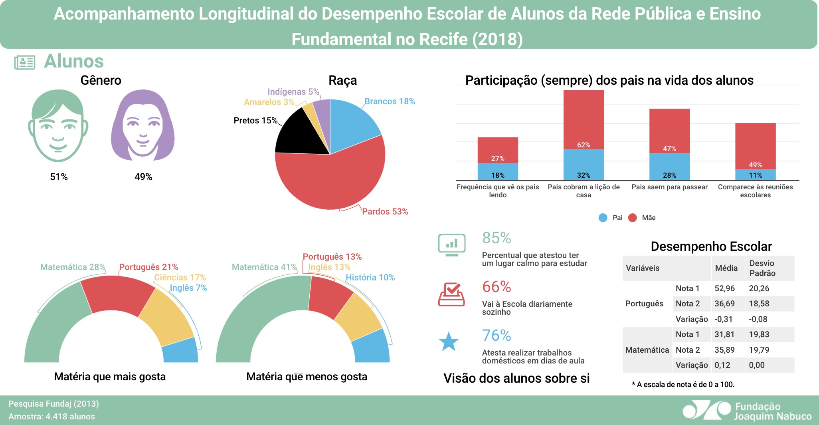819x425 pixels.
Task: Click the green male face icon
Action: coord(58,125)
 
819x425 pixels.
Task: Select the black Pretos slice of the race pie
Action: coord(299,134)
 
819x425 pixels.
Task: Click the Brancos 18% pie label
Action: coord(390,101)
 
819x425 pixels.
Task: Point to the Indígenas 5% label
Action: coord(293,92)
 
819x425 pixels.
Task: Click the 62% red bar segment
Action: coord(584,120)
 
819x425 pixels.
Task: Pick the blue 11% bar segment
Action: coord(755,175)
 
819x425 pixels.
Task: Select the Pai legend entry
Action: coord(611,218)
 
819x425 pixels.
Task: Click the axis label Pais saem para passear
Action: coord(669,187)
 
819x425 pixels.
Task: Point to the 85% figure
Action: coord(497,238)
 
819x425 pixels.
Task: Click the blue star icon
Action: coord(449,342)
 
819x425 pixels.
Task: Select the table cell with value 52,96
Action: coord(724,288)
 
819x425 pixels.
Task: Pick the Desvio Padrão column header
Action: coord(762,268)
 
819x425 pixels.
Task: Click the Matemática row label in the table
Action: coord(647,350)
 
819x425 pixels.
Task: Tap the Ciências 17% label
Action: coord(180,277)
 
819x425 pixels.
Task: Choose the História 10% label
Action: coord(370,277)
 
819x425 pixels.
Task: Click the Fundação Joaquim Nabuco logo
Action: coord(746,411)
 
